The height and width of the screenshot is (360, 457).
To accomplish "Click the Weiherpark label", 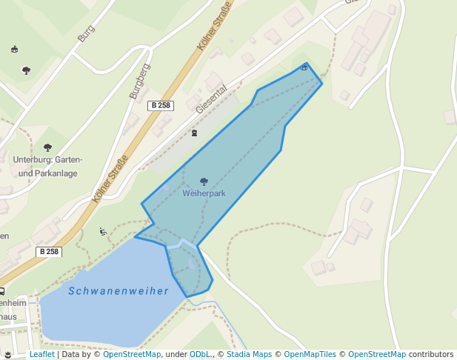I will tap(204, 193).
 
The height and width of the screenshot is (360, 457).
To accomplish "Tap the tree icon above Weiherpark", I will tap(204, 181).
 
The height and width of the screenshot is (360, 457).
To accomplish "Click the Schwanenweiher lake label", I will tap(119, 291).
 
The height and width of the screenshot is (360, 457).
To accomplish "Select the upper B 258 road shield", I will tap(160, 105).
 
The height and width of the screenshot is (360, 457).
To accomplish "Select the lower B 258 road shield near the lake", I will tap(48, 252).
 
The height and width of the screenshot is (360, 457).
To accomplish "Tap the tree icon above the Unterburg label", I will tap(48, 147).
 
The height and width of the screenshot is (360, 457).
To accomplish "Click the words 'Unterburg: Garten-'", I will tap(47, 160).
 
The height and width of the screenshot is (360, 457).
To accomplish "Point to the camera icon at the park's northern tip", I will tap(304, 68).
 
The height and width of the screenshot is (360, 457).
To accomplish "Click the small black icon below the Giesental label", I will tap(194, 133).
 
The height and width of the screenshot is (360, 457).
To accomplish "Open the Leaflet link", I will tap(41, 355).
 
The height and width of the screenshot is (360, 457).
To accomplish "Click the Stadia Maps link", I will tap(249, 355).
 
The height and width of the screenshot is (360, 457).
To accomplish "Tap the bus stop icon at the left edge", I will tap(1, 291).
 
